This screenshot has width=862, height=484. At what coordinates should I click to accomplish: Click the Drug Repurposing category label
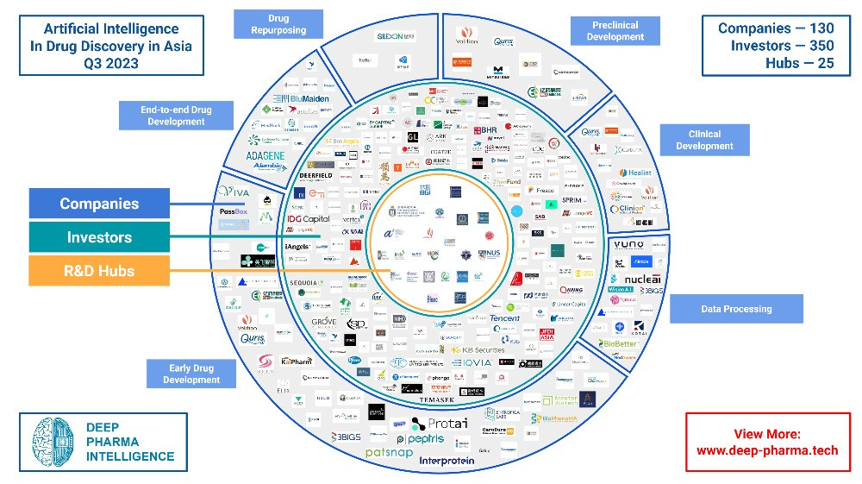tap(278, 24)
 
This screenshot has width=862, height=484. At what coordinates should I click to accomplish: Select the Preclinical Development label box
tap(615, 31)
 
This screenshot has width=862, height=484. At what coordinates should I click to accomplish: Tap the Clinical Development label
tap(704, 140)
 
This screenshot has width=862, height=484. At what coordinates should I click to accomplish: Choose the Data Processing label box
tap(735, 309)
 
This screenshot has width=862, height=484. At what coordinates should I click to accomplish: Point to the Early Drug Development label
tap(191, 374)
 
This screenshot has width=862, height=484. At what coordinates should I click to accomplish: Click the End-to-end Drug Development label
tap(176, 116)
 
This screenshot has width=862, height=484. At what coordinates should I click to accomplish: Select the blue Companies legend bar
tap(99, 204)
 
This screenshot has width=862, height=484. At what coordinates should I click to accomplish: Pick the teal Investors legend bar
tap(99, 237)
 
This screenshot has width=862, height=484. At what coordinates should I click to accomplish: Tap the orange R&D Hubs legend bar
tap(99, 270)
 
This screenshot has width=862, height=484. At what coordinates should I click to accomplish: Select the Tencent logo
tap(505, 318)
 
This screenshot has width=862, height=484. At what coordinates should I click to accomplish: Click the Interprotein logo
tap(453, 461)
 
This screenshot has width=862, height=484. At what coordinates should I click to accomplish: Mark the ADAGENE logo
tap(265, 155)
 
